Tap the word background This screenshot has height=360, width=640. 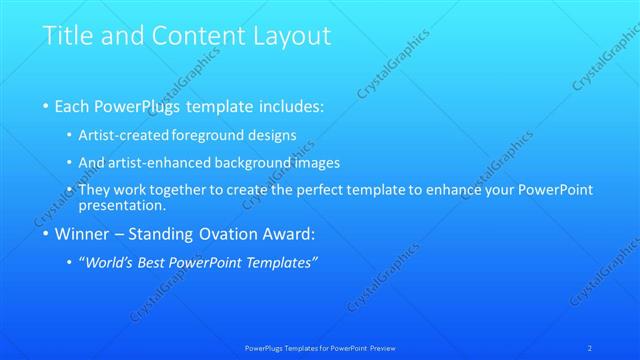click(257, 162)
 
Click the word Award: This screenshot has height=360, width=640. click(287, 235)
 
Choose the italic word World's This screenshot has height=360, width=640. click(112, 263)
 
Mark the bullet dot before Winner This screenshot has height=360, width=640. click(46, 236)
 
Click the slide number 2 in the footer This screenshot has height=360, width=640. click(592, 347)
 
